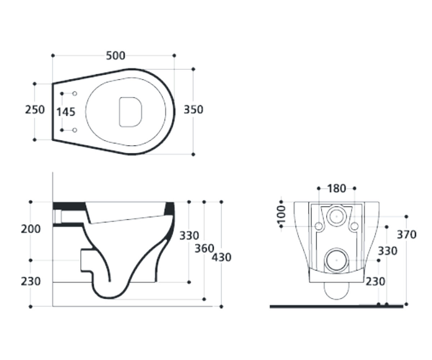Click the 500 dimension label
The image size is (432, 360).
pyautogui.click(x=116, y=56)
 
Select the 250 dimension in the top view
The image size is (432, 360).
pyautogui.click(x=35, y=110)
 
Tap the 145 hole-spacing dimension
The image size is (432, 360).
pyautogui.click(x=66, y=112)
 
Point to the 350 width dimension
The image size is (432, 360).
pyautogui.click(x=193, y=110)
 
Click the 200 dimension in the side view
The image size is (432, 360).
pyautogui.click(x=31, y=229)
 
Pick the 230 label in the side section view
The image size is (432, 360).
pyautogui.click(x=31, y=282)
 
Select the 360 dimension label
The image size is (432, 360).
pyautogui.click(x=204, y=248)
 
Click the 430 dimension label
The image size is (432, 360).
pyautogui.click(x=221, y=258)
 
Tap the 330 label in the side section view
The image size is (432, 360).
pyautogui.click(x=189, y=236)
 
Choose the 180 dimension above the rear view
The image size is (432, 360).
pyautogui.click(x=337, y=189)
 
